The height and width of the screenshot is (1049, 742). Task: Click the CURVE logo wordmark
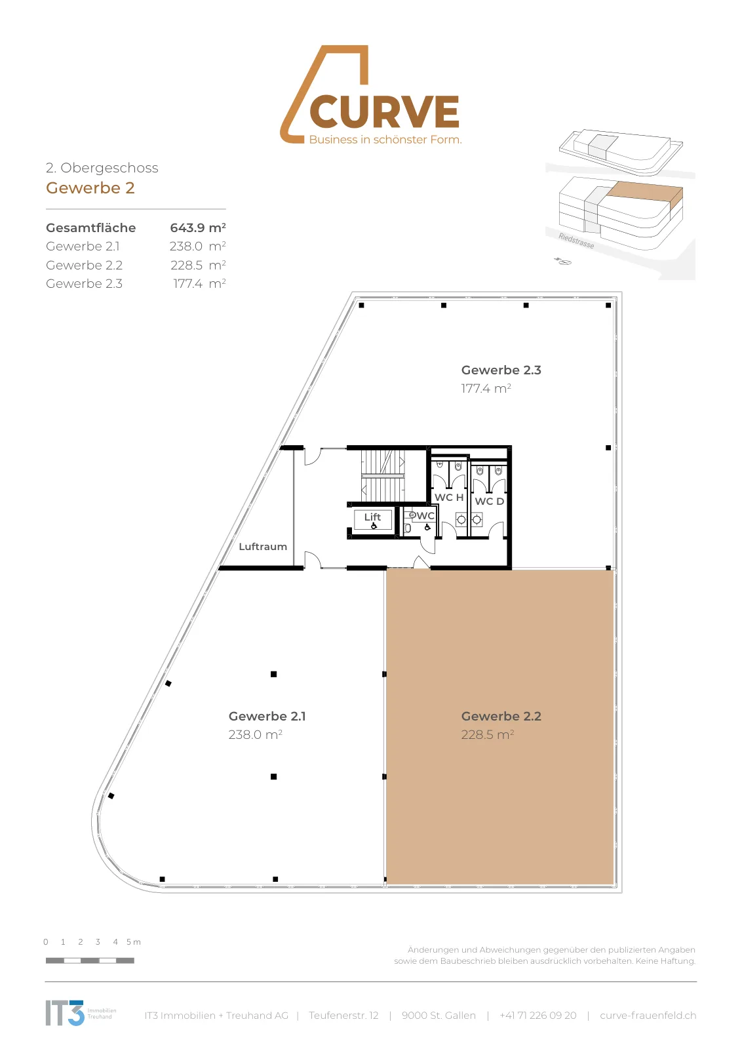384,111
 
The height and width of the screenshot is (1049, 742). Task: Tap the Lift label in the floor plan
372,517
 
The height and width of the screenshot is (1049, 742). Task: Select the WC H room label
449,498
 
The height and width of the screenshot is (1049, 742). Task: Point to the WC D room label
489,501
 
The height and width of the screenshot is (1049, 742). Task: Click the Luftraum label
263,547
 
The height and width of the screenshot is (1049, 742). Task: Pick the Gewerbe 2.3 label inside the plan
501,370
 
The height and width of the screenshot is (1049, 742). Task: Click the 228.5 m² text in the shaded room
487,734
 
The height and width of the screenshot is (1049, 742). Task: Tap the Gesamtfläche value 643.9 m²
197,228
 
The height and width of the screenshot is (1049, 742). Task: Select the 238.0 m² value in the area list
197,246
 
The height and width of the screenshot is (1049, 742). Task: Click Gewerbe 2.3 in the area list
85,283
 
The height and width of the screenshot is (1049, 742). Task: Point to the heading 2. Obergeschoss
102,168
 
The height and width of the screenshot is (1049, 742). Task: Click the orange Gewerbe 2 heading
90,188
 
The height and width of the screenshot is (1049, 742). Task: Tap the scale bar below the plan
90,960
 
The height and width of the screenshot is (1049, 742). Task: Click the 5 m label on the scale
134,941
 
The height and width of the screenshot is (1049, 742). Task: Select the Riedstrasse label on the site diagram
576,241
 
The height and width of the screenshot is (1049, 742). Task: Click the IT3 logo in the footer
65,1013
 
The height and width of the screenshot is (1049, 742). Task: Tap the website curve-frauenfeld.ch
648,1016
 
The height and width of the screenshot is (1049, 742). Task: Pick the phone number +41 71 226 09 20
538,1016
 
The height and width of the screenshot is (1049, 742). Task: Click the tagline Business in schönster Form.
385,140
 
